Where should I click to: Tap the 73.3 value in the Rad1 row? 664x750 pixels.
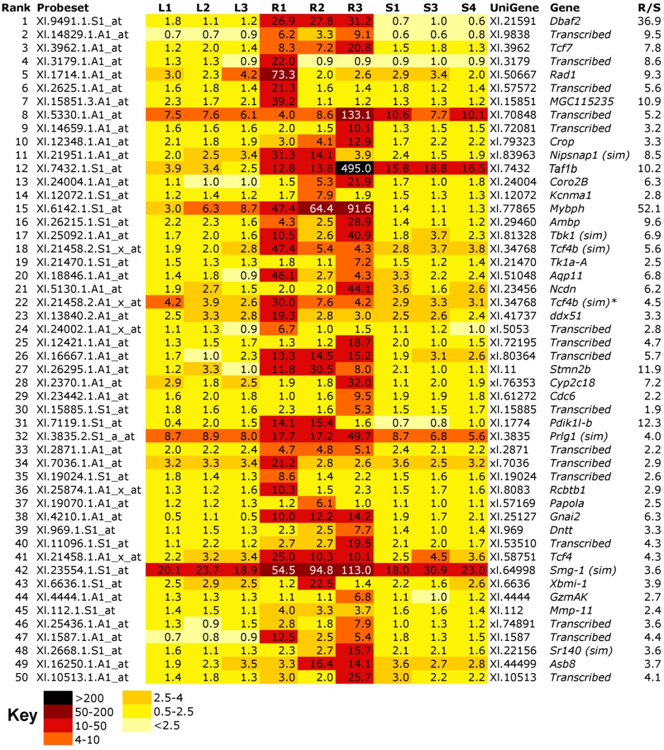pyautogui.click(x=279, y=75)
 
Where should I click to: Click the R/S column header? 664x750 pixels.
pyautogui.click(x=649, y=8)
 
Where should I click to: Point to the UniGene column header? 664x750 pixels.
pyautogui.click(x=514, y=8)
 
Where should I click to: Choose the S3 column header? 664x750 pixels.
pyautogui.click(x=430, y=8)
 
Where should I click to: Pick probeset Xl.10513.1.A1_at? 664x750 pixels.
pyautogui.click(x=82, y=677)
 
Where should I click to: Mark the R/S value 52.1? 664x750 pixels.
pyautogui.click(x=649, y=209)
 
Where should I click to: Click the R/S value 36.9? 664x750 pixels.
pyautogui.click(x=649, y=21)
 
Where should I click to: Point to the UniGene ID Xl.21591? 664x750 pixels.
pyautogui.click(x=513, y=21)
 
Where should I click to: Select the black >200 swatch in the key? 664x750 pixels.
pyautogui.click(x=58, y=698)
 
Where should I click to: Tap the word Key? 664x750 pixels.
pyautogui.click(x=22, y=715)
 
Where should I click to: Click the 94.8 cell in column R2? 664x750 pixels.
pyautogui.click(x=317, y=570)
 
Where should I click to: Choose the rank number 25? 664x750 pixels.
pyautogui.click(x=22, y=342)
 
